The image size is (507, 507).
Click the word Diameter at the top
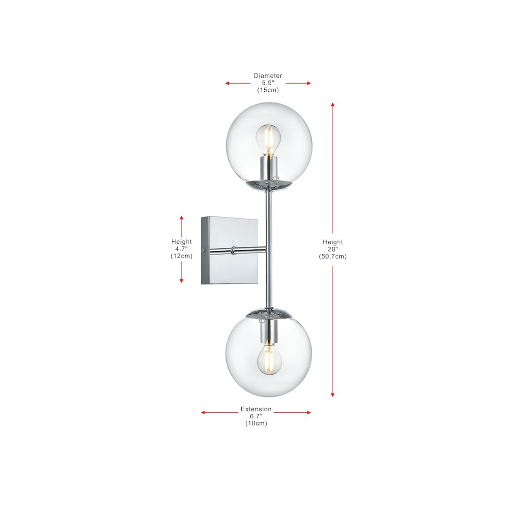tap(268, 76)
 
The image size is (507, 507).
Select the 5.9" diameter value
tap(268, 83)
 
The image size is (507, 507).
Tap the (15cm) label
tap(268, 90)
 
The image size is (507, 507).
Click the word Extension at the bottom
tap(256, 409)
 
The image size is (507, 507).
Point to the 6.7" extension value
tap(256, 416)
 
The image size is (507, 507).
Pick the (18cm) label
tap(256, 423)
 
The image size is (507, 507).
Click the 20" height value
tap(333, 249)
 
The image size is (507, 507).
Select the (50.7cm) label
tap(333, 256)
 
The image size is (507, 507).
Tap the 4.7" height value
tap(182, 249)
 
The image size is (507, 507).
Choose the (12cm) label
tap(182, 256)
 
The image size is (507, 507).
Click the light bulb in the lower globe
tap(268, 359)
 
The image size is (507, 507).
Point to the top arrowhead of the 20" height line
tap(333, 104)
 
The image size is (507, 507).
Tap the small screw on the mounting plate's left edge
tap(203, 250)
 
